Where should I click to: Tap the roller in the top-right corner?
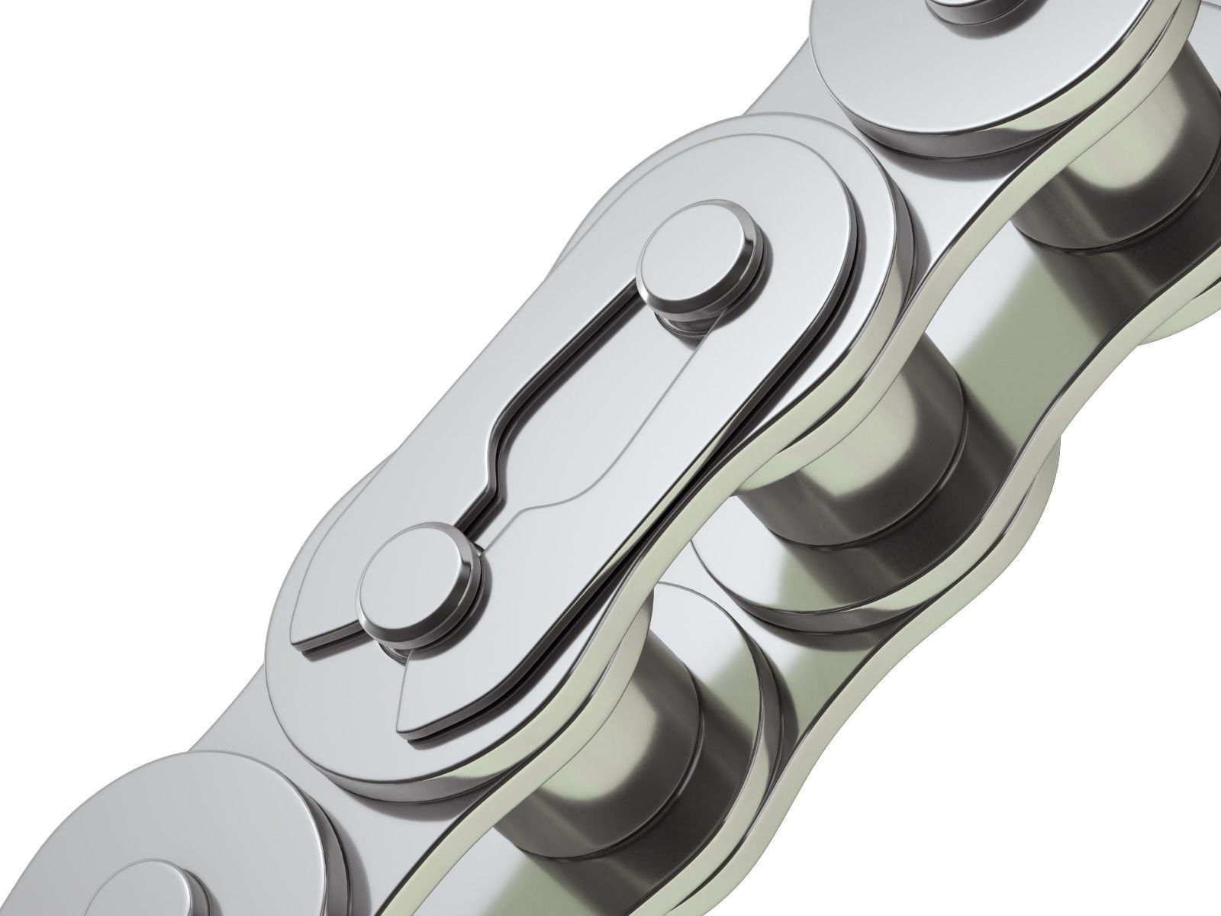point(1129,153)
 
